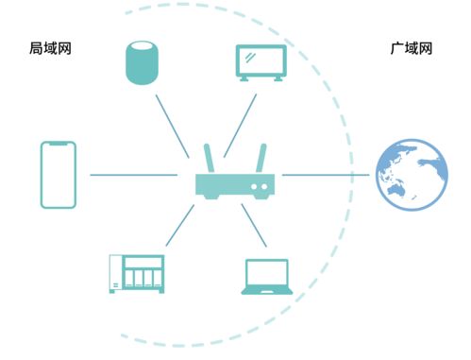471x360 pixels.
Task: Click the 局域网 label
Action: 50,46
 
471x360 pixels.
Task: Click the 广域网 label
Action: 412,46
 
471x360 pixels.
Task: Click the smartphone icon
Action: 58,175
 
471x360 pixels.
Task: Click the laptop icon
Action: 266,276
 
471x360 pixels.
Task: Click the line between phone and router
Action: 132,175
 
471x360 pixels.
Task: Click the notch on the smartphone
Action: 58,144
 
